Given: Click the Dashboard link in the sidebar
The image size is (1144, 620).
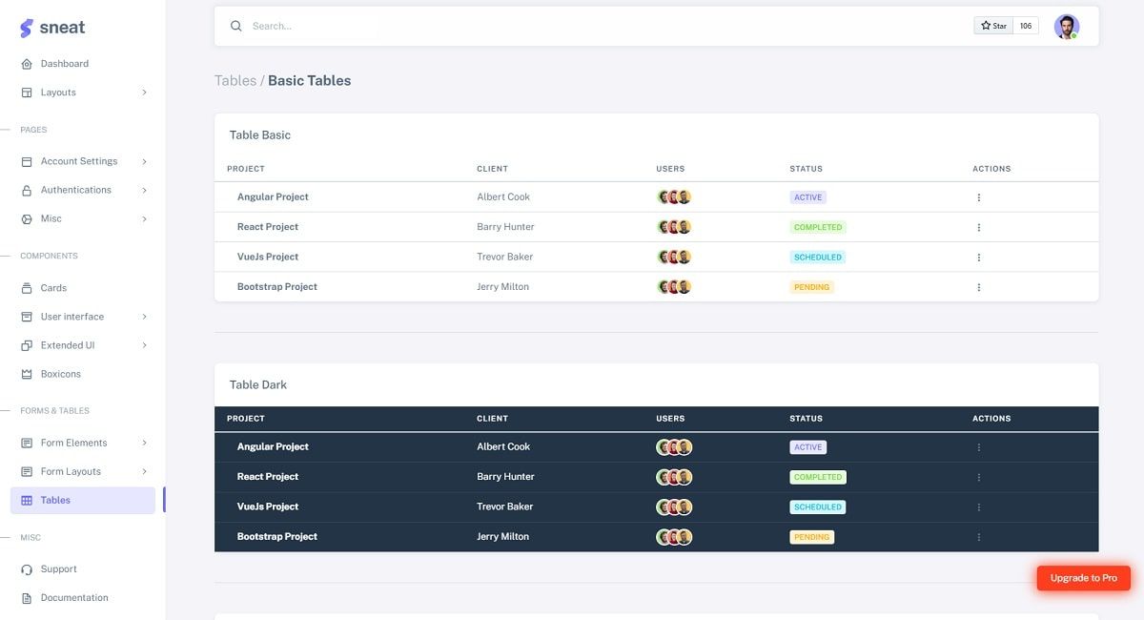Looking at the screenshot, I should click(x=64, y=64).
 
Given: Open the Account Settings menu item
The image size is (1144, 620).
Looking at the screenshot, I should click(x=79, y=161).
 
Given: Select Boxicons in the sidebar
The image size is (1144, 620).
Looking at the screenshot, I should click(x=60, y=374).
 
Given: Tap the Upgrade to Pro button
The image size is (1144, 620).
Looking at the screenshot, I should click(x=1083, y=578).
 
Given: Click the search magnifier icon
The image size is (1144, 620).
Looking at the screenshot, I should click(x=236, y=26).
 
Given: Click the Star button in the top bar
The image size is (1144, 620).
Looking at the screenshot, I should click(x=993, y=26).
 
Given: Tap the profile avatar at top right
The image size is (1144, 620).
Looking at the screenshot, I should click(x=1066, y=26).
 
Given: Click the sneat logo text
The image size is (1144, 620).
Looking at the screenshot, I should click(x=62, y=28).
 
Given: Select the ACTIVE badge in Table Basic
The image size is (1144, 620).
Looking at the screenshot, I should click(x=807, y=197).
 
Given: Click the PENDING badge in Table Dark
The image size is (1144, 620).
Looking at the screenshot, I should click(x=811, y=537).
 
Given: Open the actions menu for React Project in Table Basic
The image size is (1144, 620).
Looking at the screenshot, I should click(x=978, y=227).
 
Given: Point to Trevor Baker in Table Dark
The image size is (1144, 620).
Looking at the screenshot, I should click(x=504, y=506).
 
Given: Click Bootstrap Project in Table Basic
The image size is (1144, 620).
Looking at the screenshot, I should click(x=276, y=287).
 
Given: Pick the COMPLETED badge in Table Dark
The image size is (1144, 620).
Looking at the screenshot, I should click(x=817, y=477).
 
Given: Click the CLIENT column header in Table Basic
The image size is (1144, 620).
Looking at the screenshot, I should click(x=492, y=169).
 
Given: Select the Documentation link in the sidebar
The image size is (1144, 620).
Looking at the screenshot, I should click(x=74, y=598).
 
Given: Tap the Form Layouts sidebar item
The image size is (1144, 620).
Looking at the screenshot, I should click(x=71, y=471).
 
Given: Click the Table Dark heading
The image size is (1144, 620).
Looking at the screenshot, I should click(x=258, y=384).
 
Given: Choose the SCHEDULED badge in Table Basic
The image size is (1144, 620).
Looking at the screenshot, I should click(x=817, y=258).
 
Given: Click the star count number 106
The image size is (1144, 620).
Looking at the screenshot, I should click(x=1026, y=26).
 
